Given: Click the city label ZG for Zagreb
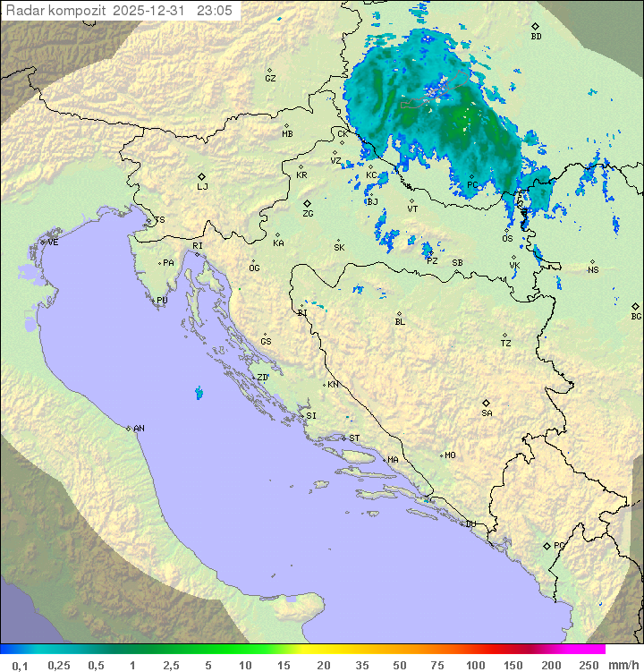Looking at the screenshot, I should [308, 214].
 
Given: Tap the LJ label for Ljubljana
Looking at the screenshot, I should [202, 187].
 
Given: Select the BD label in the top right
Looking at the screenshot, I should [536, 37].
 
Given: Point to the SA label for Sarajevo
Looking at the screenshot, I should [487, 413].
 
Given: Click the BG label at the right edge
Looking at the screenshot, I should [636, 316].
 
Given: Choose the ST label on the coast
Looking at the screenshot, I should [354, 438].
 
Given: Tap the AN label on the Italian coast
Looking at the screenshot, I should [139, 429].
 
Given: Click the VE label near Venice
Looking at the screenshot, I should [53, 242].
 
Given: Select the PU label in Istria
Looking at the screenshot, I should [162, 301].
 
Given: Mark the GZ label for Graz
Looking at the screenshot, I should [270, 78].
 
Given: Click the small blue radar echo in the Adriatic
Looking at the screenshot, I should [198, 392].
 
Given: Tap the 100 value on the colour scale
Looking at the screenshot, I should [475, 665].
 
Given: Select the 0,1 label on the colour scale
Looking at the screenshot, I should [20, 665].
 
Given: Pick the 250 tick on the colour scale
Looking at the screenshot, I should [589, 665].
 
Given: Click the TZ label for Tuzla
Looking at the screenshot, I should [506, 343].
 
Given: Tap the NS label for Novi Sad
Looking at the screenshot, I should [592, 269].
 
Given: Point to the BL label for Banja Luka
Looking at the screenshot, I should [400, 321].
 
